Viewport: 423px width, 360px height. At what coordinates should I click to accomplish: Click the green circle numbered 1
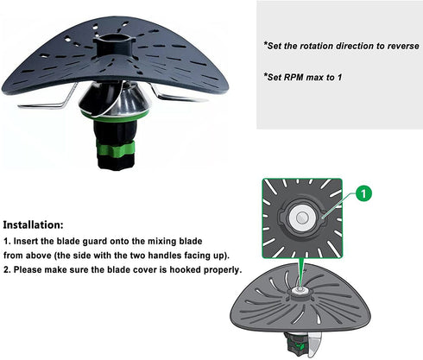363,193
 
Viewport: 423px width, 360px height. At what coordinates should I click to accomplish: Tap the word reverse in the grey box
403,46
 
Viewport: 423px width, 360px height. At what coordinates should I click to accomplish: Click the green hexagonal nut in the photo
116,148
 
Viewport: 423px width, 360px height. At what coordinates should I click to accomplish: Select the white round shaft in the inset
301,218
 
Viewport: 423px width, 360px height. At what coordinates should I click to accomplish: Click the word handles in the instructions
167,256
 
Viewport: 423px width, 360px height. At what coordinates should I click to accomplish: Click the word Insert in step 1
26,241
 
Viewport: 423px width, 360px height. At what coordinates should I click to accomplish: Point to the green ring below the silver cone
115,117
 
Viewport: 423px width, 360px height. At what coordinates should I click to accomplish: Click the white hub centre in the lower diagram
300,290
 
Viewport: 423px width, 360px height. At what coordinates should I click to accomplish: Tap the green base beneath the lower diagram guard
295,343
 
